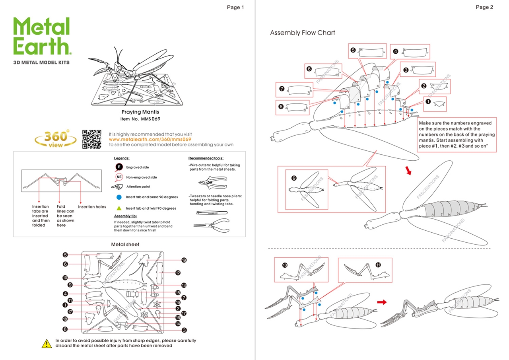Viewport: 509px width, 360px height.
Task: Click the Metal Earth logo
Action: [x=42, y=36]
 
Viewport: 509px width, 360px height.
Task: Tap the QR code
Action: [x=92, y=139]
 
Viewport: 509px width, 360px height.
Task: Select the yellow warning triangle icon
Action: [x=47, y=343]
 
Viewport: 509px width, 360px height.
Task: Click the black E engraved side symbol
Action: [x=119, y=167]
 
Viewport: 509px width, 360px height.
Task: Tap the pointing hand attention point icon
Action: [x=118, y=187]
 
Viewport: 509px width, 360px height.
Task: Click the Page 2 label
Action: [x=484, y=7]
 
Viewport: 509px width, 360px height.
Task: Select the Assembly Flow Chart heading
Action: [x=302, y=33]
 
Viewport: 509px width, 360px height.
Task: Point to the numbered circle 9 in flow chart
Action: [x=294, y=178]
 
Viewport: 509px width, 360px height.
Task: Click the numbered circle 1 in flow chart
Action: [x=428, y=101]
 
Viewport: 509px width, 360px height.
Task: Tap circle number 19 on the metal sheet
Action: [x=184, y=260]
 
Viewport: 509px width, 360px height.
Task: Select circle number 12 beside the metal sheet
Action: [x=178, y=273]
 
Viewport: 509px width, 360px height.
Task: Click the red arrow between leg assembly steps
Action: [x=382, y=302]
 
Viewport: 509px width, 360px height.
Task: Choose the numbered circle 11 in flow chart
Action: [x=378, y=265]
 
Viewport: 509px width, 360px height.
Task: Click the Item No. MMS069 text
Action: [x=140, y=119]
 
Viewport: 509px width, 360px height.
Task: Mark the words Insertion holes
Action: [x=92, y=207]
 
